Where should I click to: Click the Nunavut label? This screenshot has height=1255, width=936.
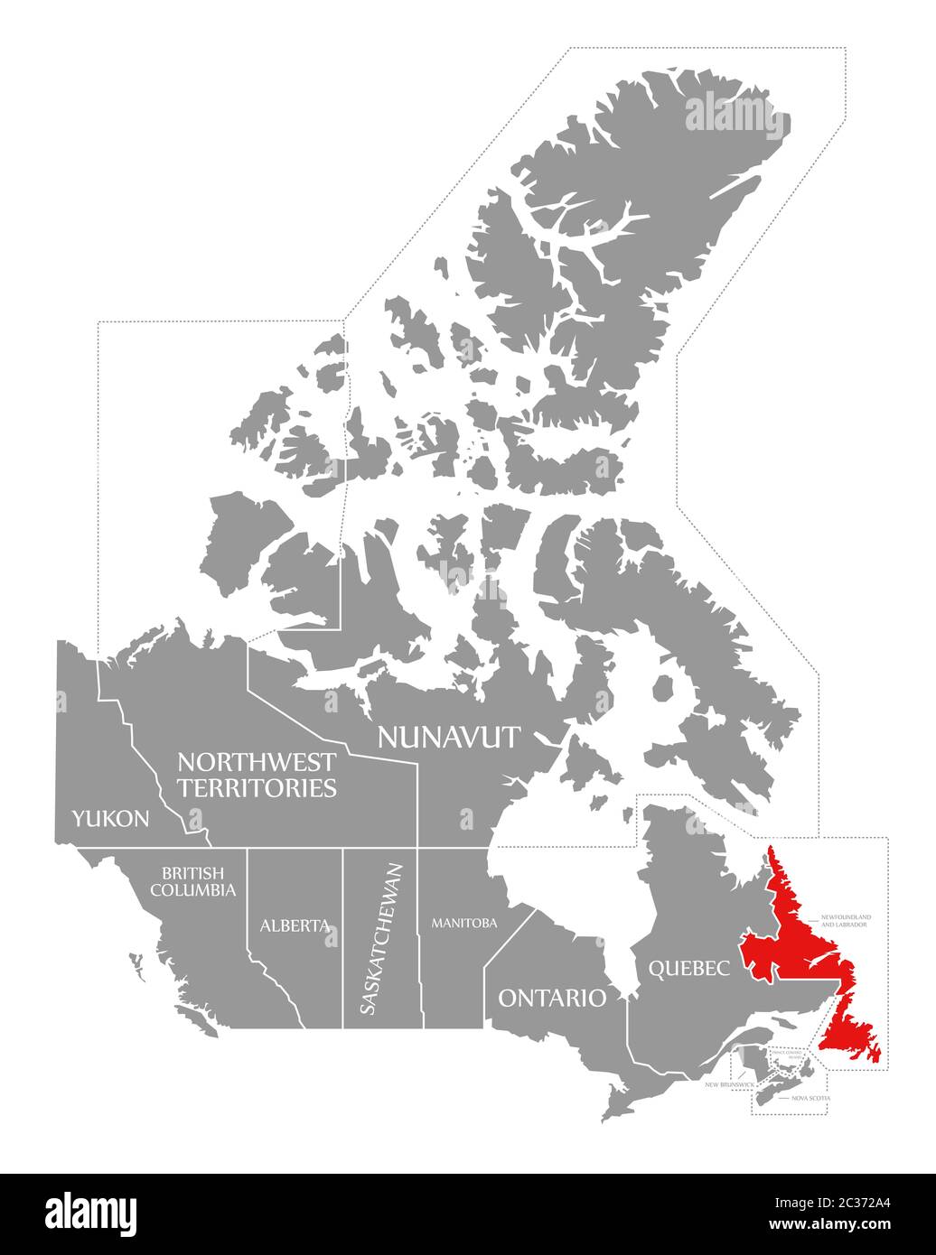tap(448, 737)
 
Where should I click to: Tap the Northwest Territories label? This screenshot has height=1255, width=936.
tap(257, 775)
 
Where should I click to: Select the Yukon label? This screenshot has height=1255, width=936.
tap(110, 819)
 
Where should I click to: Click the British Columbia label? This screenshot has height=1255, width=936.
tap(199, 882)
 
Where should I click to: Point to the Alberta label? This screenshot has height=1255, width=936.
tap(294, 925)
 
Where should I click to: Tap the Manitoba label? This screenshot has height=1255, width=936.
tap(464, 923)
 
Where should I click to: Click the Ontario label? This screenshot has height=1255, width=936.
tap(552, 998)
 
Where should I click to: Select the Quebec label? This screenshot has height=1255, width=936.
tap(688, 969)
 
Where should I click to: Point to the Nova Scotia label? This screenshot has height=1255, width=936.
tap(810, 1098)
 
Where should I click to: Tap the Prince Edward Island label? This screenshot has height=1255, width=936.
tap(787, 1054)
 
